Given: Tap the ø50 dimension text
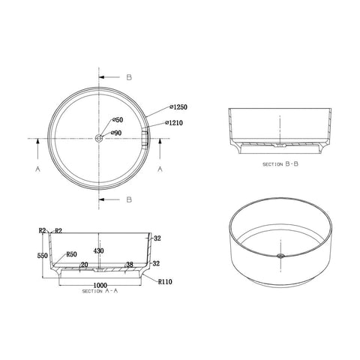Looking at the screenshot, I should [118, 120].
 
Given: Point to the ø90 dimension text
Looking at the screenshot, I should [118, 133].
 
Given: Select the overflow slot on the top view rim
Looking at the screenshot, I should [146, 138].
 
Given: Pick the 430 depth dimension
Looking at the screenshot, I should [98, 250].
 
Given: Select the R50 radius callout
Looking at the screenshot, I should [72, 255].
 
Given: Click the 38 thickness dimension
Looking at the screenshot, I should [130, 264].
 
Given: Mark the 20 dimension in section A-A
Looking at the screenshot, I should [85, 264].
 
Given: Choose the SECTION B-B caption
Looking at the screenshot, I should [281, 163].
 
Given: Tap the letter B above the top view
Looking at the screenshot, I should [130, 76].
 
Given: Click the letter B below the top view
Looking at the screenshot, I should [130, 199].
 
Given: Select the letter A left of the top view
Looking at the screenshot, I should [37, 170].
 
